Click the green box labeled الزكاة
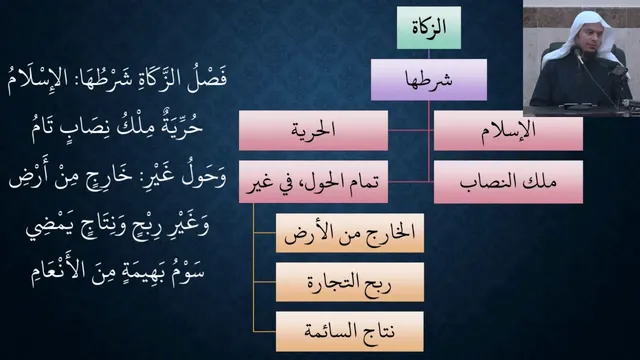pos(429,27)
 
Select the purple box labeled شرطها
pos(429,80)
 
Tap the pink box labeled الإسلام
pos(508,131)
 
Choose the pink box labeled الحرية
pos(313,131)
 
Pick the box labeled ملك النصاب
pos(508,182)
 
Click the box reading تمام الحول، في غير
pos(313,182)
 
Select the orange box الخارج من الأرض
pos(350,233)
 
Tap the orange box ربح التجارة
pos(350,282)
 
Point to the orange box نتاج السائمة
pos(350,331)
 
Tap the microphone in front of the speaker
pos(578,55)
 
